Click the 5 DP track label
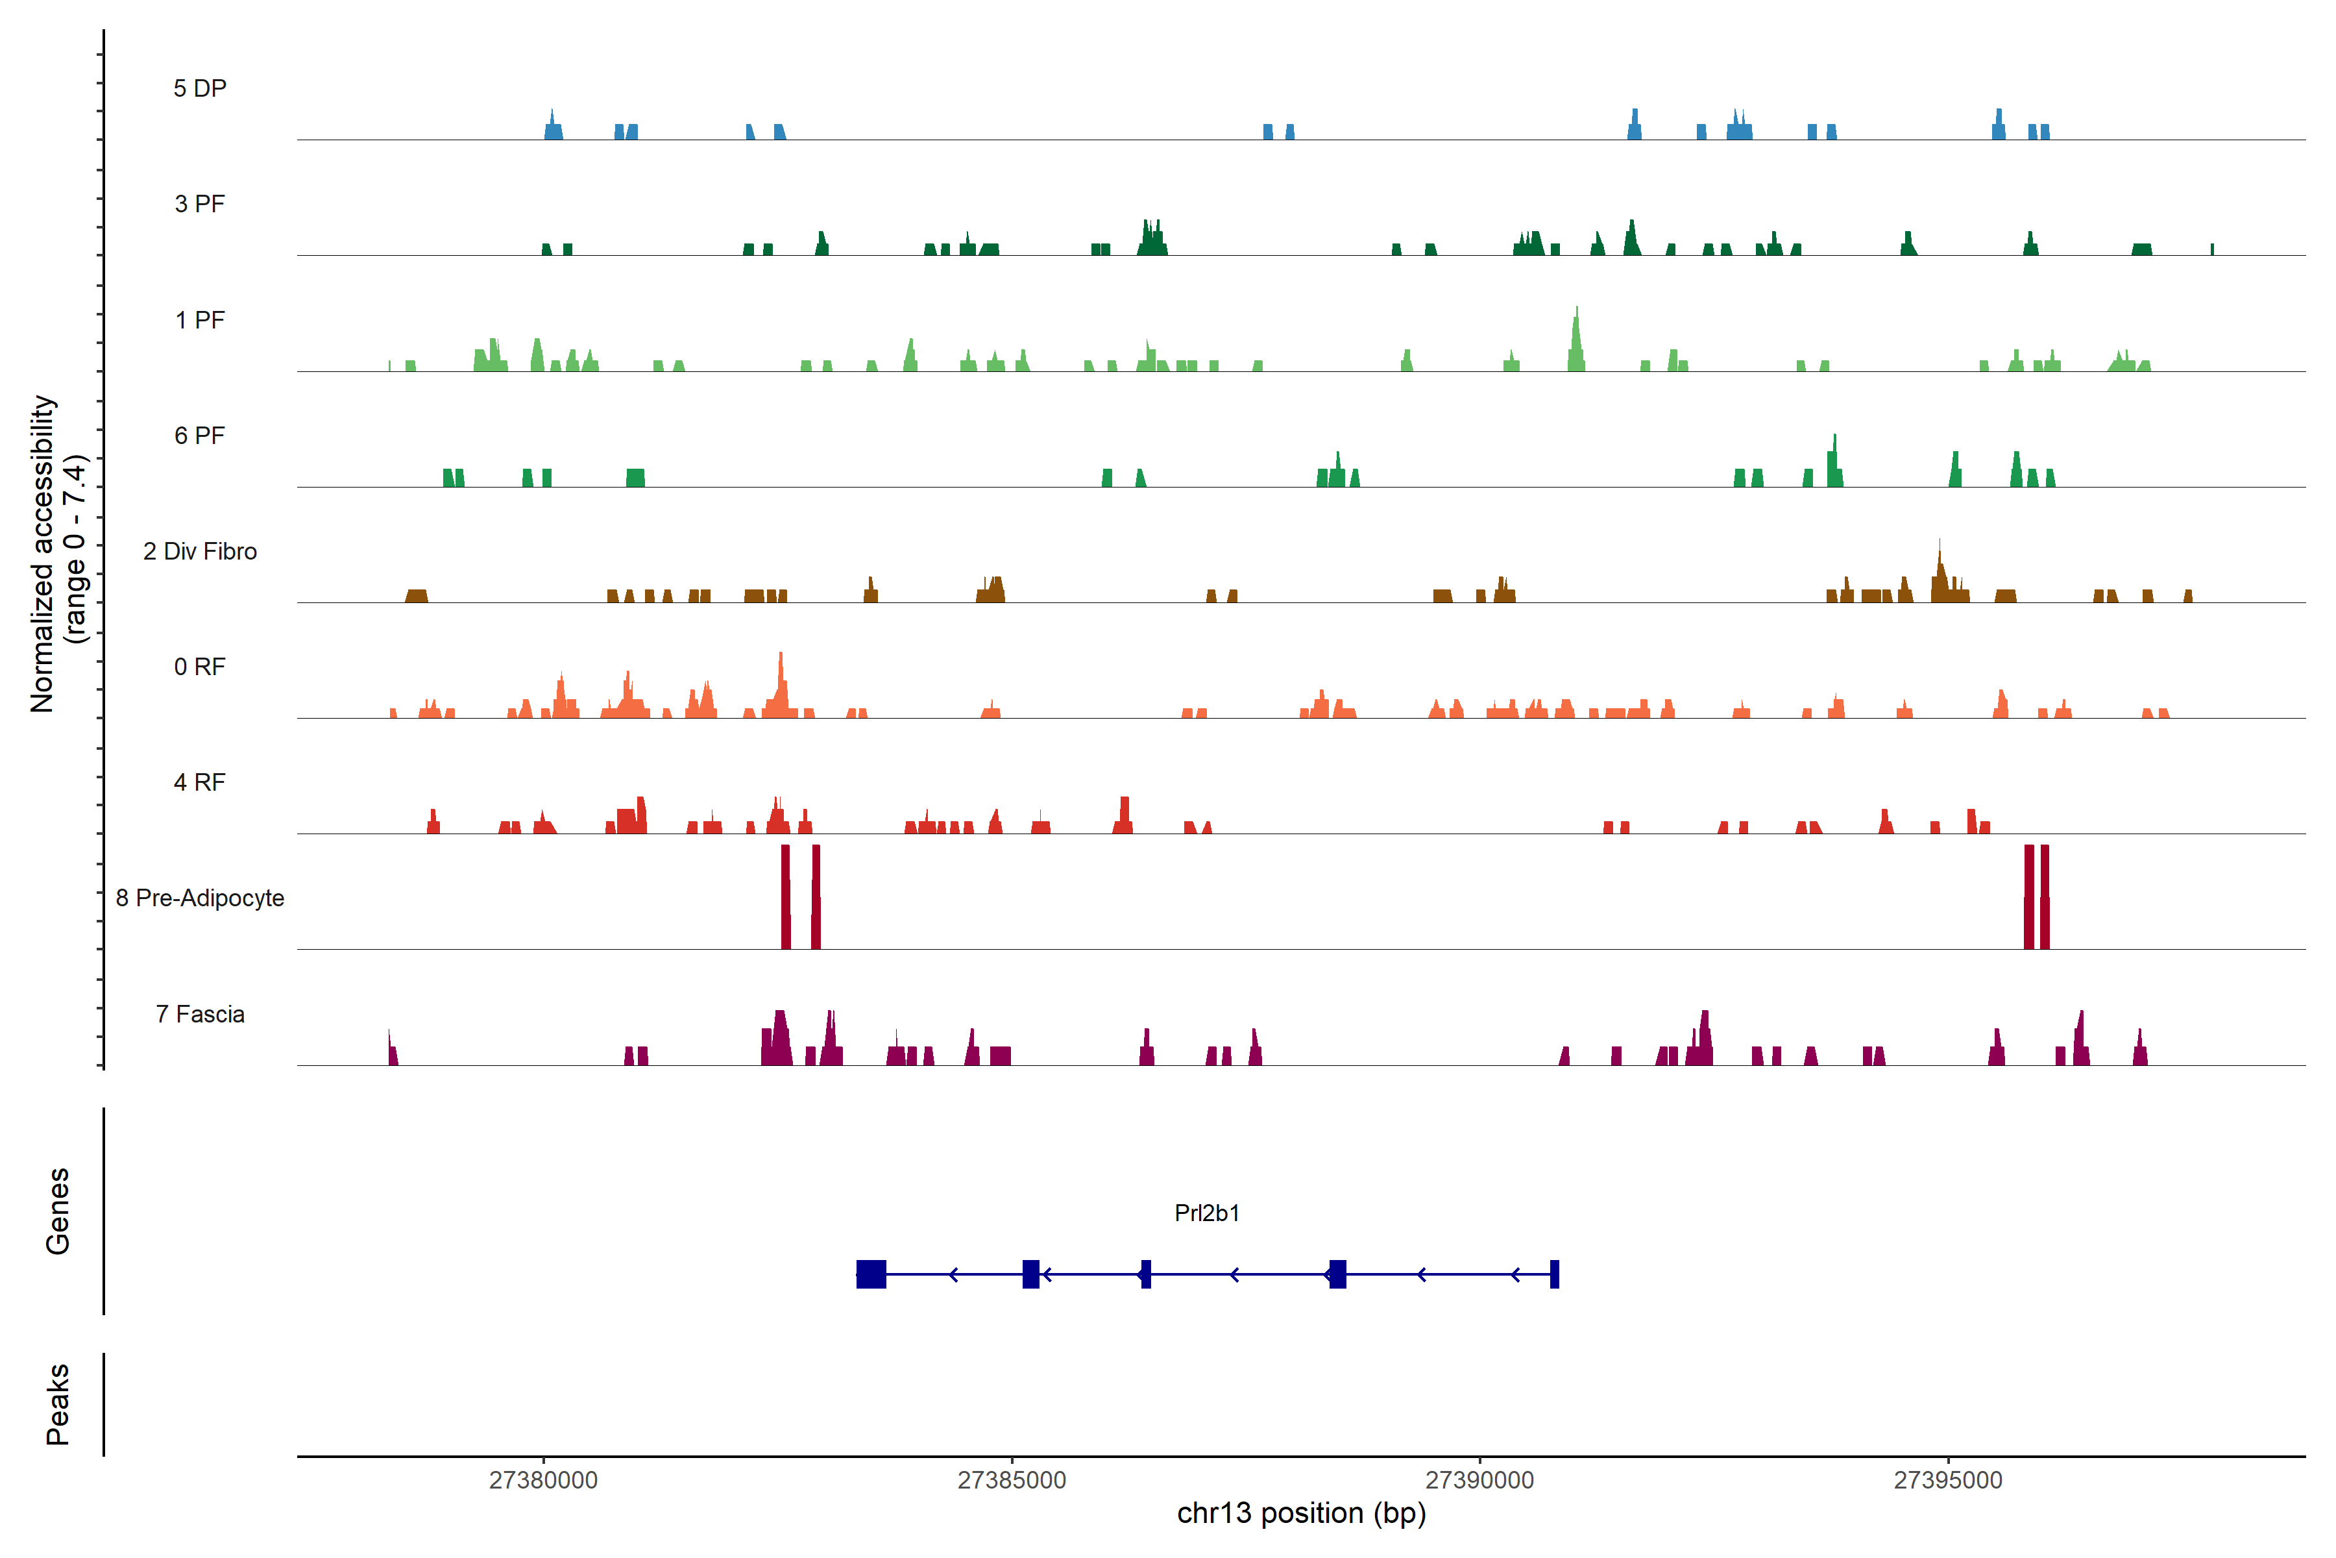200,88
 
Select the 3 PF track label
200,204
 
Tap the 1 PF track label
200,320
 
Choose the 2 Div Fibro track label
200,551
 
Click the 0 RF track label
200,667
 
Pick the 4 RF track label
200,782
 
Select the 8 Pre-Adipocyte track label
200,898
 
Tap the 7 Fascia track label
200,1015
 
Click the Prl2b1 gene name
1207,1213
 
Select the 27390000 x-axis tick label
1480,1481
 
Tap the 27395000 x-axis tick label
1948,1481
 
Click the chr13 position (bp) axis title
1301,1513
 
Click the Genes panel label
58,1211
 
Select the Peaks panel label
58,1404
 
